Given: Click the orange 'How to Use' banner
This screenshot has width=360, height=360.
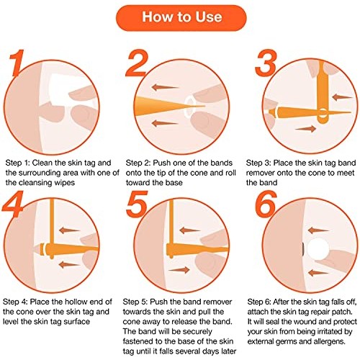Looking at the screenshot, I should [x=180, y=17].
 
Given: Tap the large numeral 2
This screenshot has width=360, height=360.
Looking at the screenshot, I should [x=141, y=63].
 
